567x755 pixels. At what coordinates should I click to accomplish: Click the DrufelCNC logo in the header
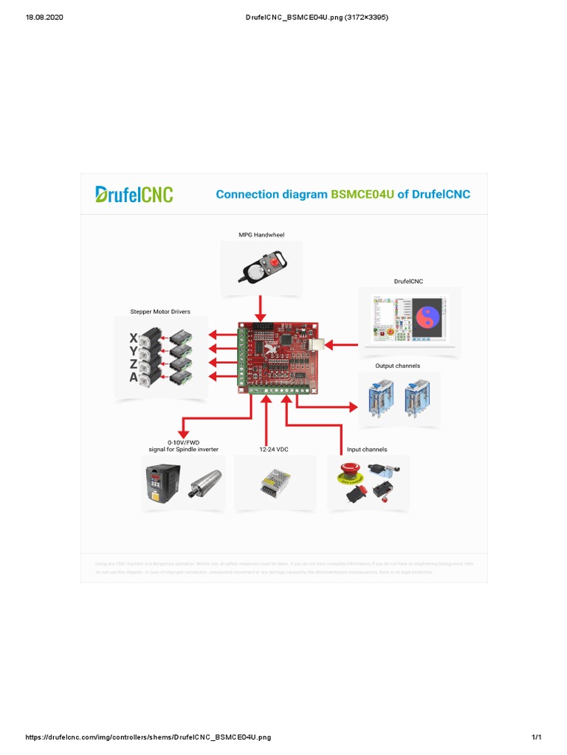[134, 194]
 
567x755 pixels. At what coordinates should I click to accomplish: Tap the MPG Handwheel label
[261, 235]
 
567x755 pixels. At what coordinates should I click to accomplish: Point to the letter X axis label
[134, 338]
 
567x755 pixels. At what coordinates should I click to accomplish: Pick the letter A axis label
[134, 377]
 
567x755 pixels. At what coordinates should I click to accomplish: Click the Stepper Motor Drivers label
[160, 312]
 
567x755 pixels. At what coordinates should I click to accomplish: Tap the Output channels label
[397, 366]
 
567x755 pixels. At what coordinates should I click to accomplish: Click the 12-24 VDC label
[274, 449]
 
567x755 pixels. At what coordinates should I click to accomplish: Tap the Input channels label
[367, 449]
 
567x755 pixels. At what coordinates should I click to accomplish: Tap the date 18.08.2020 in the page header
[45, 17]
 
